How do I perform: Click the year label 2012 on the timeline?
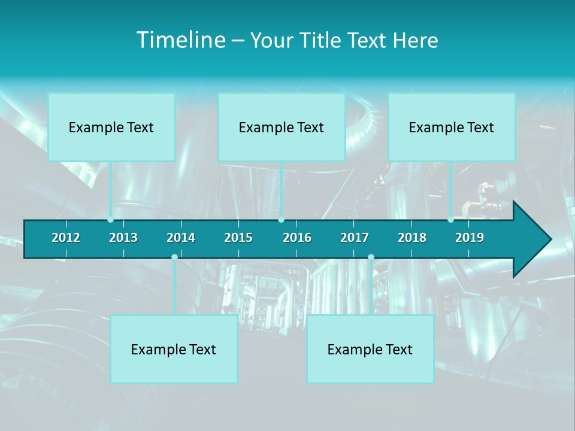[x=66, y=238]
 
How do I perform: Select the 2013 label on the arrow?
[x=123, y=238]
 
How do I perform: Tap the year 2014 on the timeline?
[x=181, y=238]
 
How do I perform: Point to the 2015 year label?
[x=238, y=238]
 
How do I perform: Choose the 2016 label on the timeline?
[x=297, y=238]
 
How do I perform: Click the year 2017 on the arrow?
[x=355, y=238]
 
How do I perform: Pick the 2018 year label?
[x=412, y=238]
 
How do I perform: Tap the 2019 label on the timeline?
[x=470, y=238]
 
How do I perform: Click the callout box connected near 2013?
[x=111, y=127]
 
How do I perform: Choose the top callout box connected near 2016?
[x=282, y=127]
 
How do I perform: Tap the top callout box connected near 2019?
[x=452, y=127]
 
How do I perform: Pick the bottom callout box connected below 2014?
[x=174, y=349]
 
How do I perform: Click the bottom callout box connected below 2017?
[x=370, y=349]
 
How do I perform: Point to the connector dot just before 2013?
[x=110, y=220]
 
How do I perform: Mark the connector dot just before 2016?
[x=281, y=220]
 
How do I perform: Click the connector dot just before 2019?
[x=450, y=220]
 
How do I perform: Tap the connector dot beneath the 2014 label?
[x=174, y=257]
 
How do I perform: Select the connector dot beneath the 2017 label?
[x=371, y=257]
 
